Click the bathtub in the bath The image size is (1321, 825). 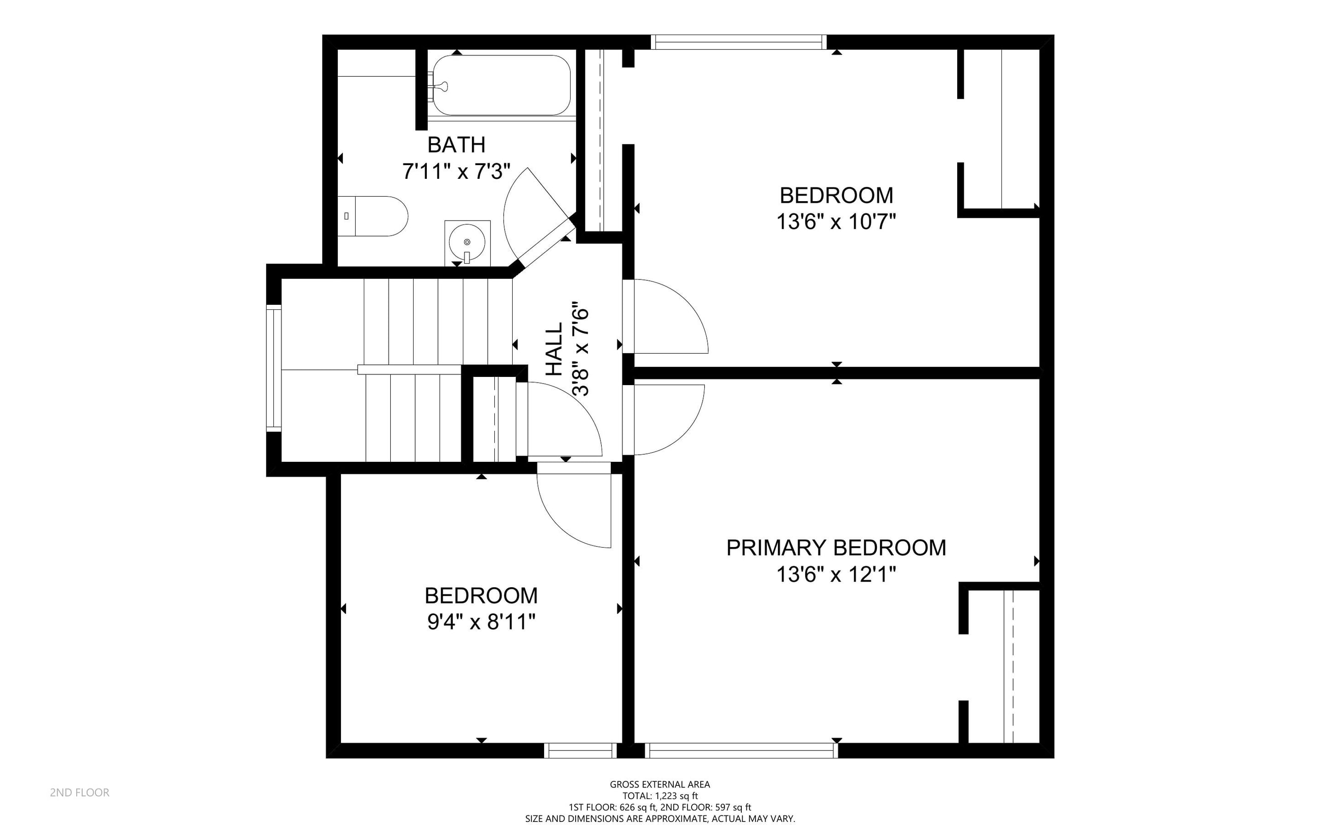pyautogui.click(x=501, y=85)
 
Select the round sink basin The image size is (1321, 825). pyautogui.click(x=467, y=242)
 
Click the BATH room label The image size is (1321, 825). pyautogui.click(x=456, y=145)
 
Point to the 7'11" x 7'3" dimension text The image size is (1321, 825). pyautogui.click(x=456, y=172)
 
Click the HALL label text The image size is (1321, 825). pyautogui.click(x=554, y=348)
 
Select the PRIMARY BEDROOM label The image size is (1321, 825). pyautogui.click(x=836, y=548)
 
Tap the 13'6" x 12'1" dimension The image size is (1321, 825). pyautogui.click(x=836, y=575)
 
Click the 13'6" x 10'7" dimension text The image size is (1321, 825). pyautogui.click(x=836, y=222)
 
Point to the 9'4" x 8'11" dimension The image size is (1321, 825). pyautogui.click(x=481, y=622)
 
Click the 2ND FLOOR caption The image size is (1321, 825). pyautogui.click(x=80, y=793)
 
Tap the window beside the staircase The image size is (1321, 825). pyautogui.click(x=273, y=368)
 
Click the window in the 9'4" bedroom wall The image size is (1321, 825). pyautogui.click(x=580, y=751)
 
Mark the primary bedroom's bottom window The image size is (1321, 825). pyautogui.click(x=741, y=751)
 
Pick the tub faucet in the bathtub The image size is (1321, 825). pyautogui.click(x=439, y=86)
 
